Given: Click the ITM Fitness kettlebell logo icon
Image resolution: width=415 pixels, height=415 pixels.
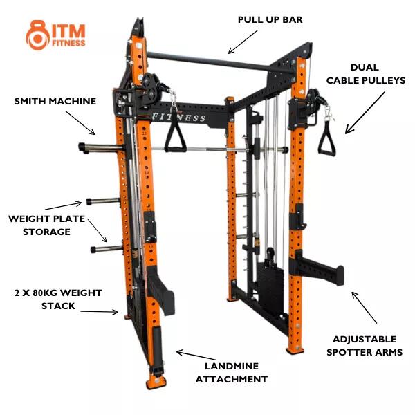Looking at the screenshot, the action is pos(37,35).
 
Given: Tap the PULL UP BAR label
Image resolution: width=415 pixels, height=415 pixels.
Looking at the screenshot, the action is pos(270,19).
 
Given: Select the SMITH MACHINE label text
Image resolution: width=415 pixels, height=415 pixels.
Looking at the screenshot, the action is pos(55,101).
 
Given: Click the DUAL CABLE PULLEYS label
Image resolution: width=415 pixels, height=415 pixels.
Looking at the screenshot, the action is pos(365,74).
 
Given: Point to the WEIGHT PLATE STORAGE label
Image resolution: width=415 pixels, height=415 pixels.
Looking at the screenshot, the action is pos(46,225).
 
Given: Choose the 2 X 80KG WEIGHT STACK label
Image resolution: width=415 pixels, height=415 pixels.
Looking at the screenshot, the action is pos(58,299).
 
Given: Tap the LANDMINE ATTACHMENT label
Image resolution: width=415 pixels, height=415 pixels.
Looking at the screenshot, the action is pos(232,373).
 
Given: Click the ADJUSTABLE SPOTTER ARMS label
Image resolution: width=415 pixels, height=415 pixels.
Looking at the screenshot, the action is pos(365,346).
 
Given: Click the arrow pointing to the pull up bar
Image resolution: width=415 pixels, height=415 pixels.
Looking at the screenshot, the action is pos(243,41).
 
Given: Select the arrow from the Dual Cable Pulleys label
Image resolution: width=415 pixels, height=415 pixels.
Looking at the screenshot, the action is pos(365,113).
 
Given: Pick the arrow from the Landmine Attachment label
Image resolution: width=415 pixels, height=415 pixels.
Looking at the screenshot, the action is pos(196,355).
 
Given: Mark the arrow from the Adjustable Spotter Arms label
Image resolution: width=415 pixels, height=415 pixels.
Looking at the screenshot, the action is pos(364,307).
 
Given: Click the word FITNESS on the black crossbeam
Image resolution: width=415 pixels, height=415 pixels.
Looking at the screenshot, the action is pos(179,117).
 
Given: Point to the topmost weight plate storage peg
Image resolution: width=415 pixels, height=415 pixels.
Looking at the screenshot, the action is pos(101,147).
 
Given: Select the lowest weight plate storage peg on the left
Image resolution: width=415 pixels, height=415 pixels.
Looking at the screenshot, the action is pos(107,249).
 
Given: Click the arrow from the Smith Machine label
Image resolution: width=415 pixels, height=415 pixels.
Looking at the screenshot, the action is pos(80,123).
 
